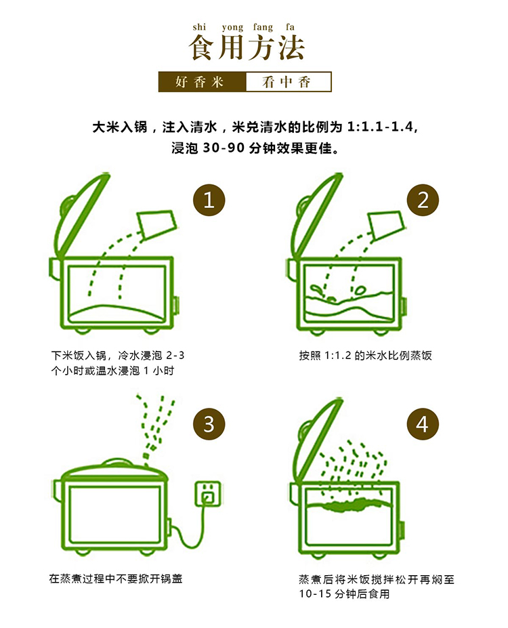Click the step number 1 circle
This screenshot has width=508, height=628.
point(209,200)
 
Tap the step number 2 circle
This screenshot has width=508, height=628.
point(423,200)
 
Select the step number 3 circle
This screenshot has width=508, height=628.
point(209,424)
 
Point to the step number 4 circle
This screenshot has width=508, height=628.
point(423,424)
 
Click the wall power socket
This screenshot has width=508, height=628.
point(208,493)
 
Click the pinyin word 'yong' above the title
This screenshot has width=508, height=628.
point(232,28)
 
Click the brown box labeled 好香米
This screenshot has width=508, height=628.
point(202,82)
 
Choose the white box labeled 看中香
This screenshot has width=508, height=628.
point(289,82)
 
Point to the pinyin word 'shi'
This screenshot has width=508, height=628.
point(199,27)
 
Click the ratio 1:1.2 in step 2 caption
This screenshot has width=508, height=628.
point(337,356)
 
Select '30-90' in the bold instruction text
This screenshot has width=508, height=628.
point(224,148)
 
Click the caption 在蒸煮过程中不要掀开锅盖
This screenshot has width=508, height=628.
point(116,579)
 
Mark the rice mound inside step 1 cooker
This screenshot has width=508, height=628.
point(116,313)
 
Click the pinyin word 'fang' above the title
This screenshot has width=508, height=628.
point(263,28)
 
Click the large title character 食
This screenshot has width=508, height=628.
point(203,47)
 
